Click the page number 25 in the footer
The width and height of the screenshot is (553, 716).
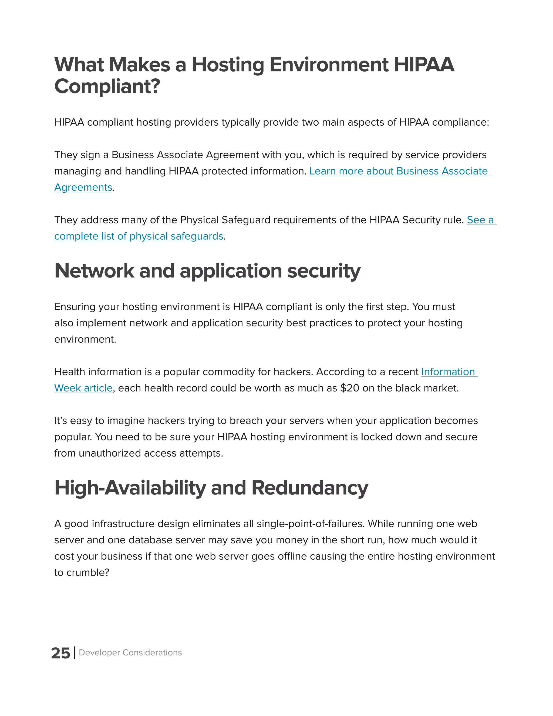[60, 653]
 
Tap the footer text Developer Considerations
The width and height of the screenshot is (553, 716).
[130, 653]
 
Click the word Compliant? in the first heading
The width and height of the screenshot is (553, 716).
[107, 86]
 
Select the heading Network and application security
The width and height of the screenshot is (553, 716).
[207, 271]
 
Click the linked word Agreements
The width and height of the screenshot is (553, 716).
[83, 187]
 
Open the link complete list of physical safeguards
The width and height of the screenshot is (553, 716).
[139, 236]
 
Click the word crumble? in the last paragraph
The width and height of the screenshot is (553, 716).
[87, 573]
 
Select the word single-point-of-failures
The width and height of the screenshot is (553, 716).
[310, 524]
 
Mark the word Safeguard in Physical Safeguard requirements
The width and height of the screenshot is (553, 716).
[246, 220]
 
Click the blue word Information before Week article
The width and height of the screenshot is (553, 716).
[448, 372]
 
